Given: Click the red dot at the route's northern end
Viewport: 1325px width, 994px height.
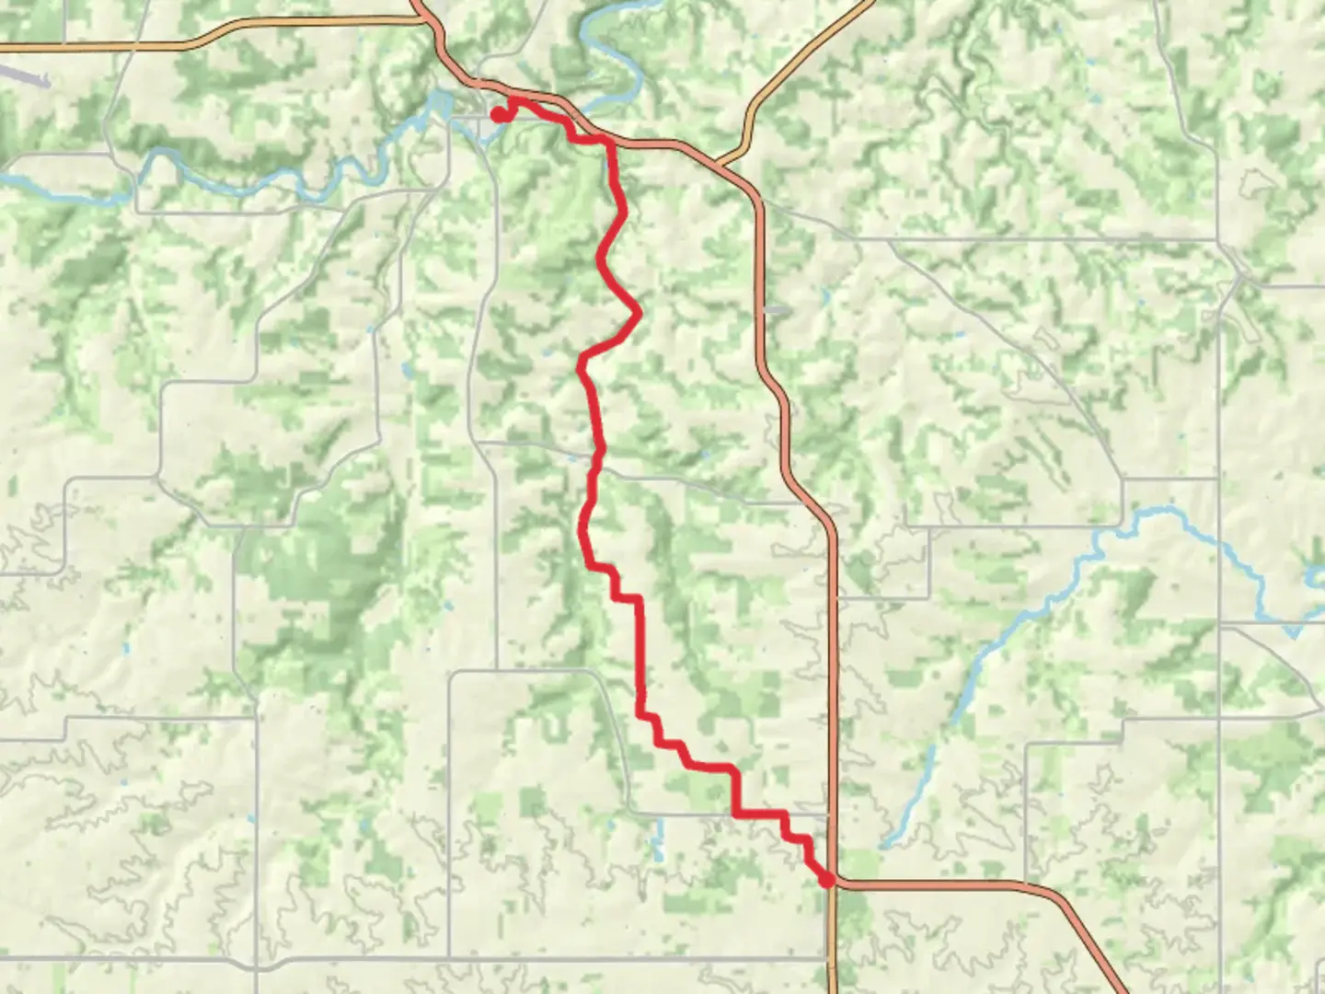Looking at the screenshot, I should [497, 115].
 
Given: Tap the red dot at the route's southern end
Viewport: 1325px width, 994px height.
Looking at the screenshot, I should [826, 880].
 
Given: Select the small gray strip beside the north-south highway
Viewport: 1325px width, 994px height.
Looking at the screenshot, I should [776, 311].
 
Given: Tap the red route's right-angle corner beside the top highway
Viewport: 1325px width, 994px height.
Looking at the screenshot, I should [609, 142].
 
